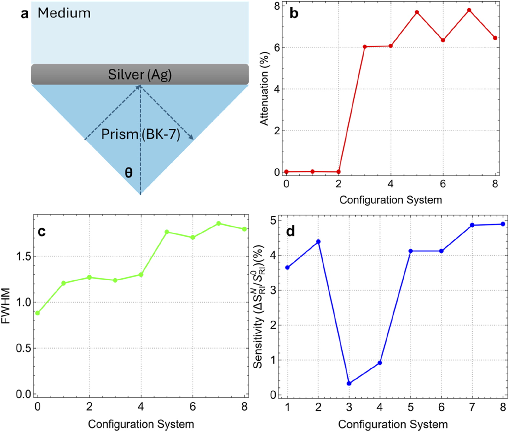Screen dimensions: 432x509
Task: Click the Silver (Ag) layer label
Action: click(x=140, y=75)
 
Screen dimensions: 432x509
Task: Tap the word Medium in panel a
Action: click(x=64, y=13)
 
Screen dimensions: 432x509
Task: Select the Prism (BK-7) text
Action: click(x=140, y=134)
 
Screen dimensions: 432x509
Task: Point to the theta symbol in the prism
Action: click(x=129, y=173)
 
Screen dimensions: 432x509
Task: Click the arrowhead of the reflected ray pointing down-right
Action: click(x=191, y=137)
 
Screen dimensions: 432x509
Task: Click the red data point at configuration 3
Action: click(x=365, y=47)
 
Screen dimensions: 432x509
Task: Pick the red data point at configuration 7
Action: click(x=469, y=10)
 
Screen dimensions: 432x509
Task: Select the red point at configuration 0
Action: click(x=286, y=172)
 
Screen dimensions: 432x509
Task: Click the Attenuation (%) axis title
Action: click(x=264, y=89)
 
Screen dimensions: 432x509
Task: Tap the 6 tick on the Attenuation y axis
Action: click(x=277, y=47)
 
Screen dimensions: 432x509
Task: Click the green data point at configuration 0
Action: click(x=38, y=313)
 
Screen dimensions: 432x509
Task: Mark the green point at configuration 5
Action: click(x=167, y=232)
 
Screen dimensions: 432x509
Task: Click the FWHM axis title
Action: click(x=6, y=306)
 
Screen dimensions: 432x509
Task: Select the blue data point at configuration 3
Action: click(x=349, y=383)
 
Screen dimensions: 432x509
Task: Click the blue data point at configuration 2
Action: click(x=318, y=242)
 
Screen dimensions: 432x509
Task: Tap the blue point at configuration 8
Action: click(x=503, y=224)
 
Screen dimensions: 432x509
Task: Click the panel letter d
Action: click(x=290, y=231)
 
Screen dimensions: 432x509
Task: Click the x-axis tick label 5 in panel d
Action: click(x=410, y=407)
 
